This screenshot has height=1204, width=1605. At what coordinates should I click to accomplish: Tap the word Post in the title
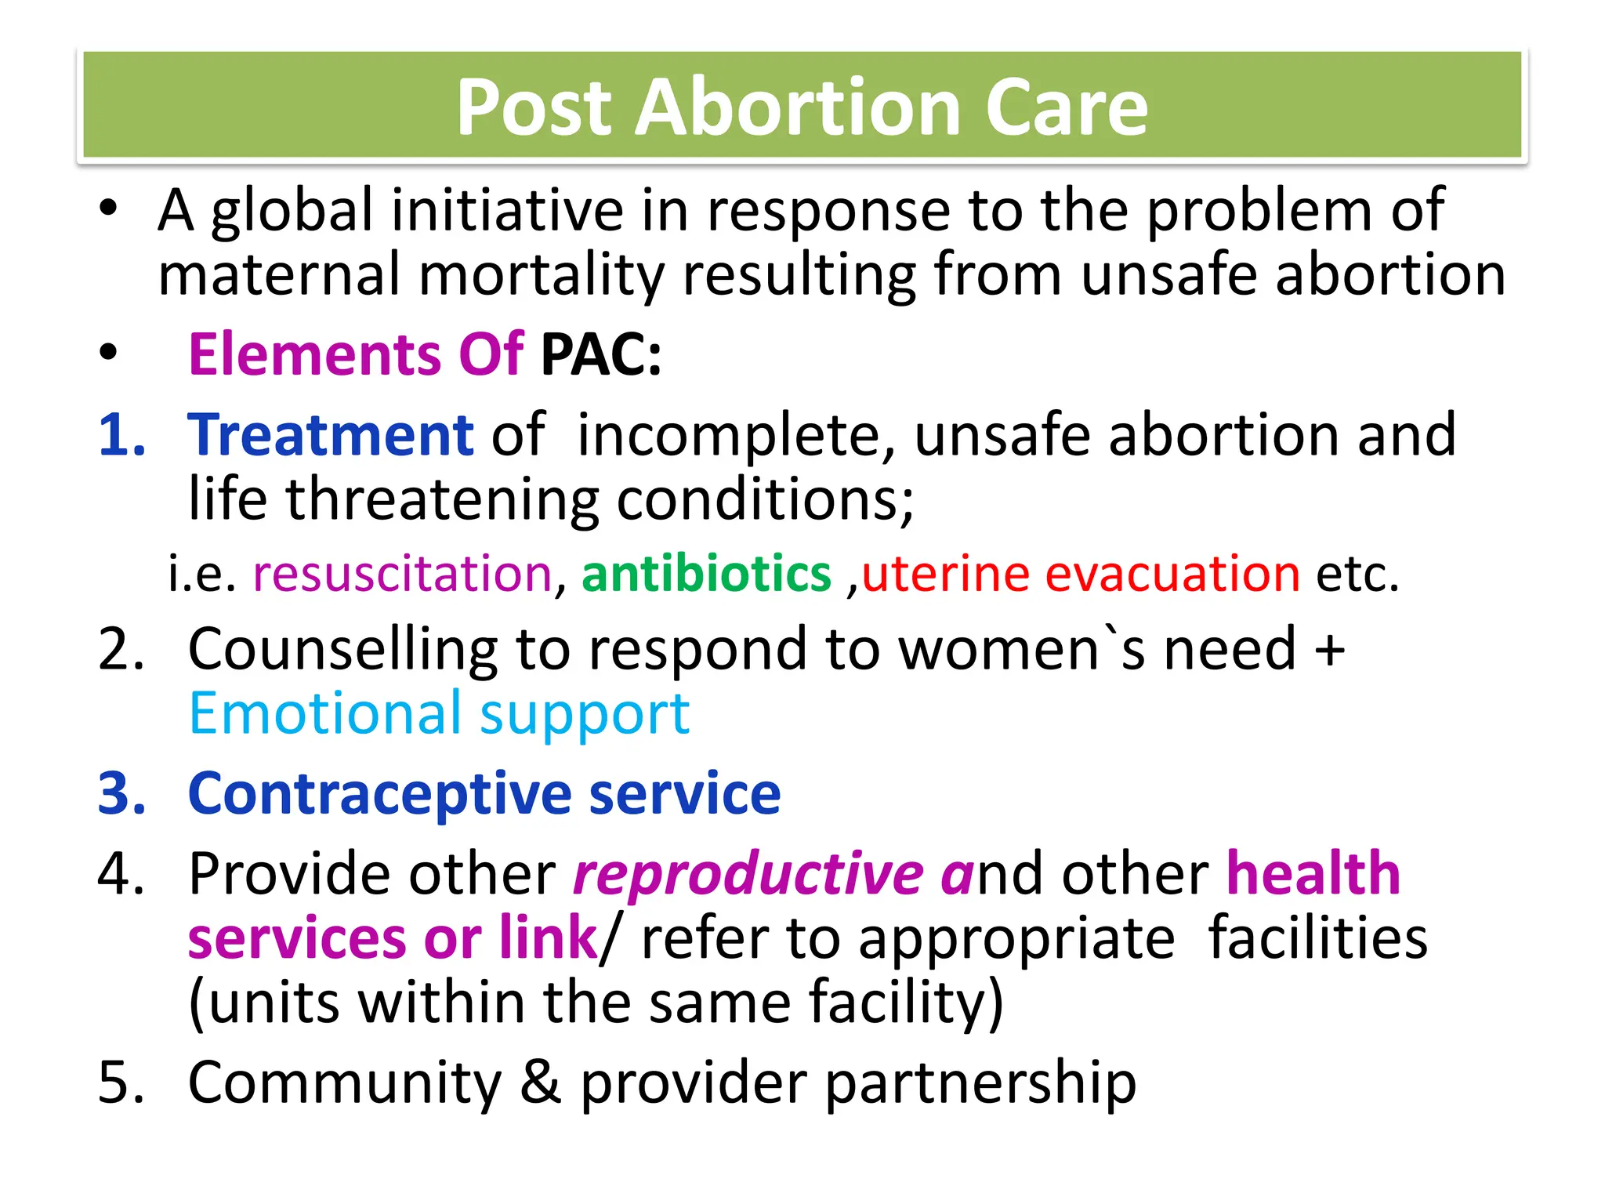click(x=534, y=107)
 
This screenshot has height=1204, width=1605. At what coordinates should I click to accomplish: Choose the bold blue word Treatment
click(x=331, y=435)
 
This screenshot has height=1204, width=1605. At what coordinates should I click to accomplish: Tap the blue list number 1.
click(x=121, y=435)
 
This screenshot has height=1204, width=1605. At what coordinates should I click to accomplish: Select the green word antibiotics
click(x=706, y=574)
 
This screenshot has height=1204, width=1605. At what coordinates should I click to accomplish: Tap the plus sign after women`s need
click(x=1330, y=650)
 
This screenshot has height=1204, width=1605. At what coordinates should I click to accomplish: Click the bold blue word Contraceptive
click(x=380, y=794)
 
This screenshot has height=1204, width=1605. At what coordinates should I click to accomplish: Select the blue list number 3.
click(x=121, y=794)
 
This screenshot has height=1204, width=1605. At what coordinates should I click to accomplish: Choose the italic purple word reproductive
click(x=748, y=875)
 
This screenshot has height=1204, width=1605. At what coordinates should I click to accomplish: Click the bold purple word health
click(x=1313, y=873)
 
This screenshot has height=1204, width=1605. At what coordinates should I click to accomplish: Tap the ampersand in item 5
click(x=541, y=1083)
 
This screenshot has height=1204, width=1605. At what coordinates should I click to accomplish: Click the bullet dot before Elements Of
click(x=108, y=354)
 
